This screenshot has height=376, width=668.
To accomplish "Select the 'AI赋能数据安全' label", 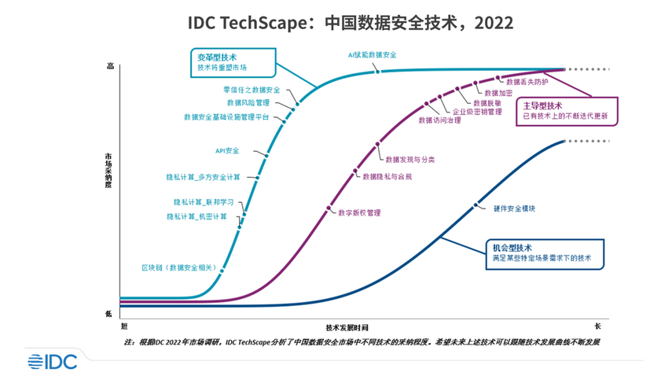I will tap(373, 55).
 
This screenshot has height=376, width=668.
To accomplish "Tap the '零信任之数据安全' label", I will tap(251, 90).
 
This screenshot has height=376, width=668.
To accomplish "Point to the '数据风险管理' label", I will tap(248, 102).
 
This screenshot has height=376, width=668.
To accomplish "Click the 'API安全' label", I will tap(228, 150).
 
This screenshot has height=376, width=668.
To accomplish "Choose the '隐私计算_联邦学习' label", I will tap(200, 202).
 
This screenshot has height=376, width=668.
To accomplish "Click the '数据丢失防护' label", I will tap(527, 81).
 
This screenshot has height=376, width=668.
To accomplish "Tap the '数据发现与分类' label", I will tap(405, 160).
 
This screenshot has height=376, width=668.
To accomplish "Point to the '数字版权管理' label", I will tap(358, 212).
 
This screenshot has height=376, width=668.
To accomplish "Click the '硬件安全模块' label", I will tap(515, 208).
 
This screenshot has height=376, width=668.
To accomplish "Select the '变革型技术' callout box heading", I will tap(216, 57).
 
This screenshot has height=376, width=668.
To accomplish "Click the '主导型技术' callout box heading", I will tap(542, 105).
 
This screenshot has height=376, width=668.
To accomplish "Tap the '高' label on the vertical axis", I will tap(109, 67).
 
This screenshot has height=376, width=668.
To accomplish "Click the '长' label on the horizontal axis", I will tap(597, 325).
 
